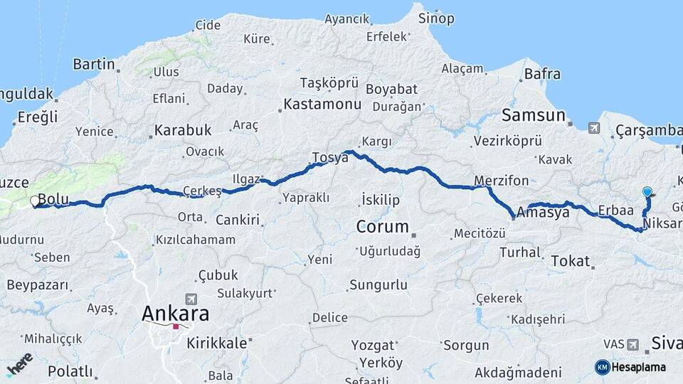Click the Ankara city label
[175, 313]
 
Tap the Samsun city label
[533, 115]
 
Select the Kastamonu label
[322, 104]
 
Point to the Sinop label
[435, 18]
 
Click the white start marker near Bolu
[34, 202]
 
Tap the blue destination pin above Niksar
[647, 192]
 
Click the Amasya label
[544, 212]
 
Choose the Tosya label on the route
[330, 157]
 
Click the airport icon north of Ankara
[191, 299]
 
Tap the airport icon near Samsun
[593, 128]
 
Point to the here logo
[18, 364]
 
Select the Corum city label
[382, 228]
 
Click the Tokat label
[571, 261]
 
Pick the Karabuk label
[183, 131]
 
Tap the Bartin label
[93, 64]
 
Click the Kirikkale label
[216, 343]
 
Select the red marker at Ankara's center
[175, 327]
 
